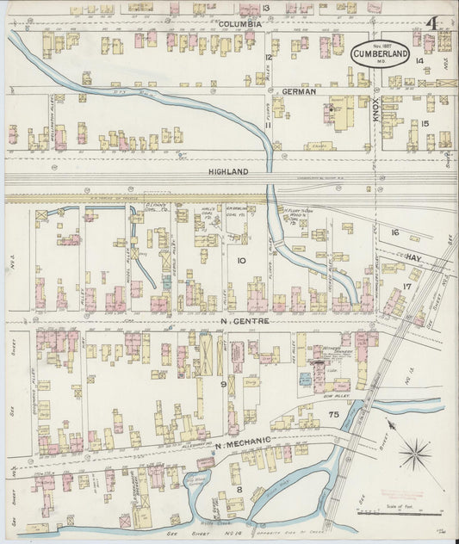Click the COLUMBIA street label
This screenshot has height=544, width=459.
[x=239, y=24]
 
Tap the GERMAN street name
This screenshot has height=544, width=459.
[x=297, y=90]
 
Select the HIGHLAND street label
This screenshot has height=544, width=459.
[x=228, y=172]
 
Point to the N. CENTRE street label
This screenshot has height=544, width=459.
[x=245, y=321]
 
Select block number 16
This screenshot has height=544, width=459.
[x=395, y=233]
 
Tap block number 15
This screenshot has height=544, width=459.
[x=425, y=123]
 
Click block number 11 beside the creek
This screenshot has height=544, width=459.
[x=268, y=126]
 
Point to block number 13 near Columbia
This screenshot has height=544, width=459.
[x=267, y=8]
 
